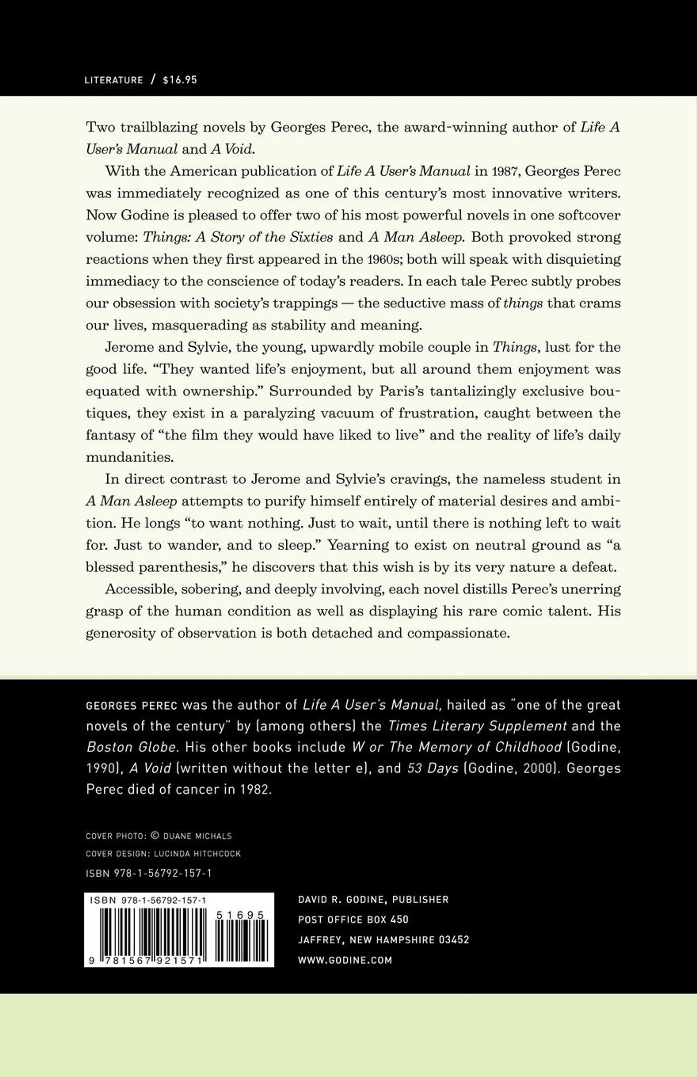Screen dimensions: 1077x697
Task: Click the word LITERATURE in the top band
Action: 114,80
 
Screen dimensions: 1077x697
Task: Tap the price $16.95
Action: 180,80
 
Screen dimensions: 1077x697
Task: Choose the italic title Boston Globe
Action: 131,747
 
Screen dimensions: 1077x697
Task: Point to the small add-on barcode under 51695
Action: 240,937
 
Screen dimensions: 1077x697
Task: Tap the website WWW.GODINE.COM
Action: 345,960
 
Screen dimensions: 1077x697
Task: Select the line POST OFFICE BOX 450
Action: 353,920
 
